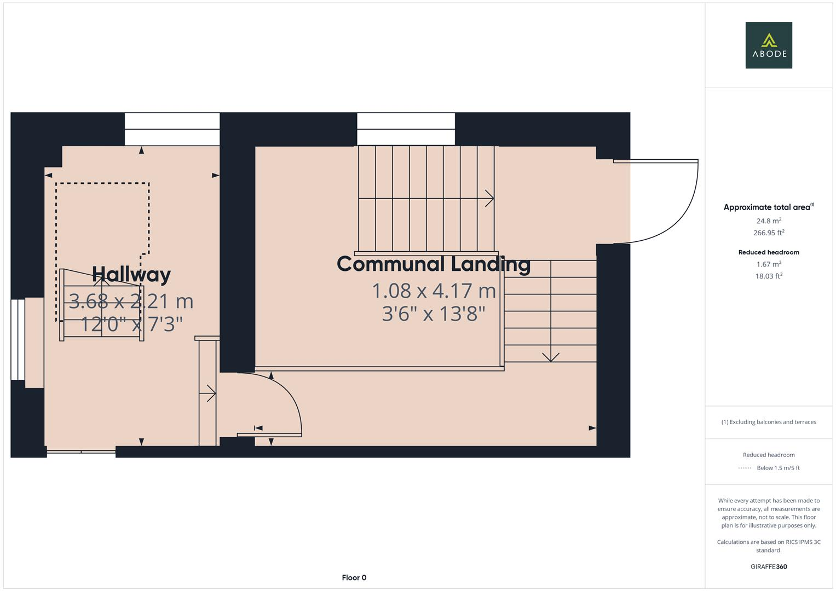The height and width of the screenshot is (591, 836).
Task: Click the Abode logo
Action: coord(768,45)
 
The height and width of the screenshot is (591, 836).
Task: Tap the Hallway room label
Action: coord(131,274)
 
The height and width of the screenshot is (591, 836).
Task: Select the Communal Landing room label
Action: coord(434,264)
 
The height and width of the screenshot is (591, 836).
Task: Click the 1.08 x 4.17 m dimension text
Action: coord(434,291)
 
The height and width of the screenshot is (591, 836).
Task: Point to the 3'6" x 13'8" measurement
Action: coord(434,314)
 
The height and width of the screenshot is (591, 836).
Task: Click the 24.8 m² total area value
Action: coord(769,221)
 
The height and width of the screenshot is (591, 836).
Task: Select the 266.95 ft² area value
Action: coord(769,233)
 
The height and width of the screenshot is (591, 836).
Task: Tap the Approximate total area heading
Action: coord(768,207)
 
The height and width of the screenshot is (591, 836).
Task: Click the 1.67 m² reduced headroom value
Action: coord(769,264)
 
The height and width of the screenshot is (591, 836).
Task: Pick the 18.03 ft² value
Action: coord(769,276)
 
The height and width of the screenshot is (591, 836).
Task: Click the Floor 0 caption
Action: coord(354,577)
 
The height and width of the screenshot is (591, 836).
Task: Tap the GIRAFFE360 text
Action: coord(769,566)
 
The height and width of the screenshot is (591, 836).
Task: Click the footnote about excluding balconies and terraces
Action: coord(769,422)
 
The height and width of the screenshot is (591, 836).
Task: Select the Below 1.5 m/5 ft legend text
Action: coord(778,468)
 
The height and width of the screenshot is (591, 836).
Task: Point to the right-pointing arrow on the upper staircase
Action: coord(489,199)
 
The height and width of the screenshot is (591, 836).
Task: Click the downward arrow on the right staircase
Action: coord(551,357)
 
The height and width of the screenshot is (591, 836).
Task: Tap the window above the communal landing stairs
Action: coord(406,129)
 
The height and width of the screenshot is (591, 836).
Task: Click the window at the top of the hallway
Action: coord(172,129)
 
